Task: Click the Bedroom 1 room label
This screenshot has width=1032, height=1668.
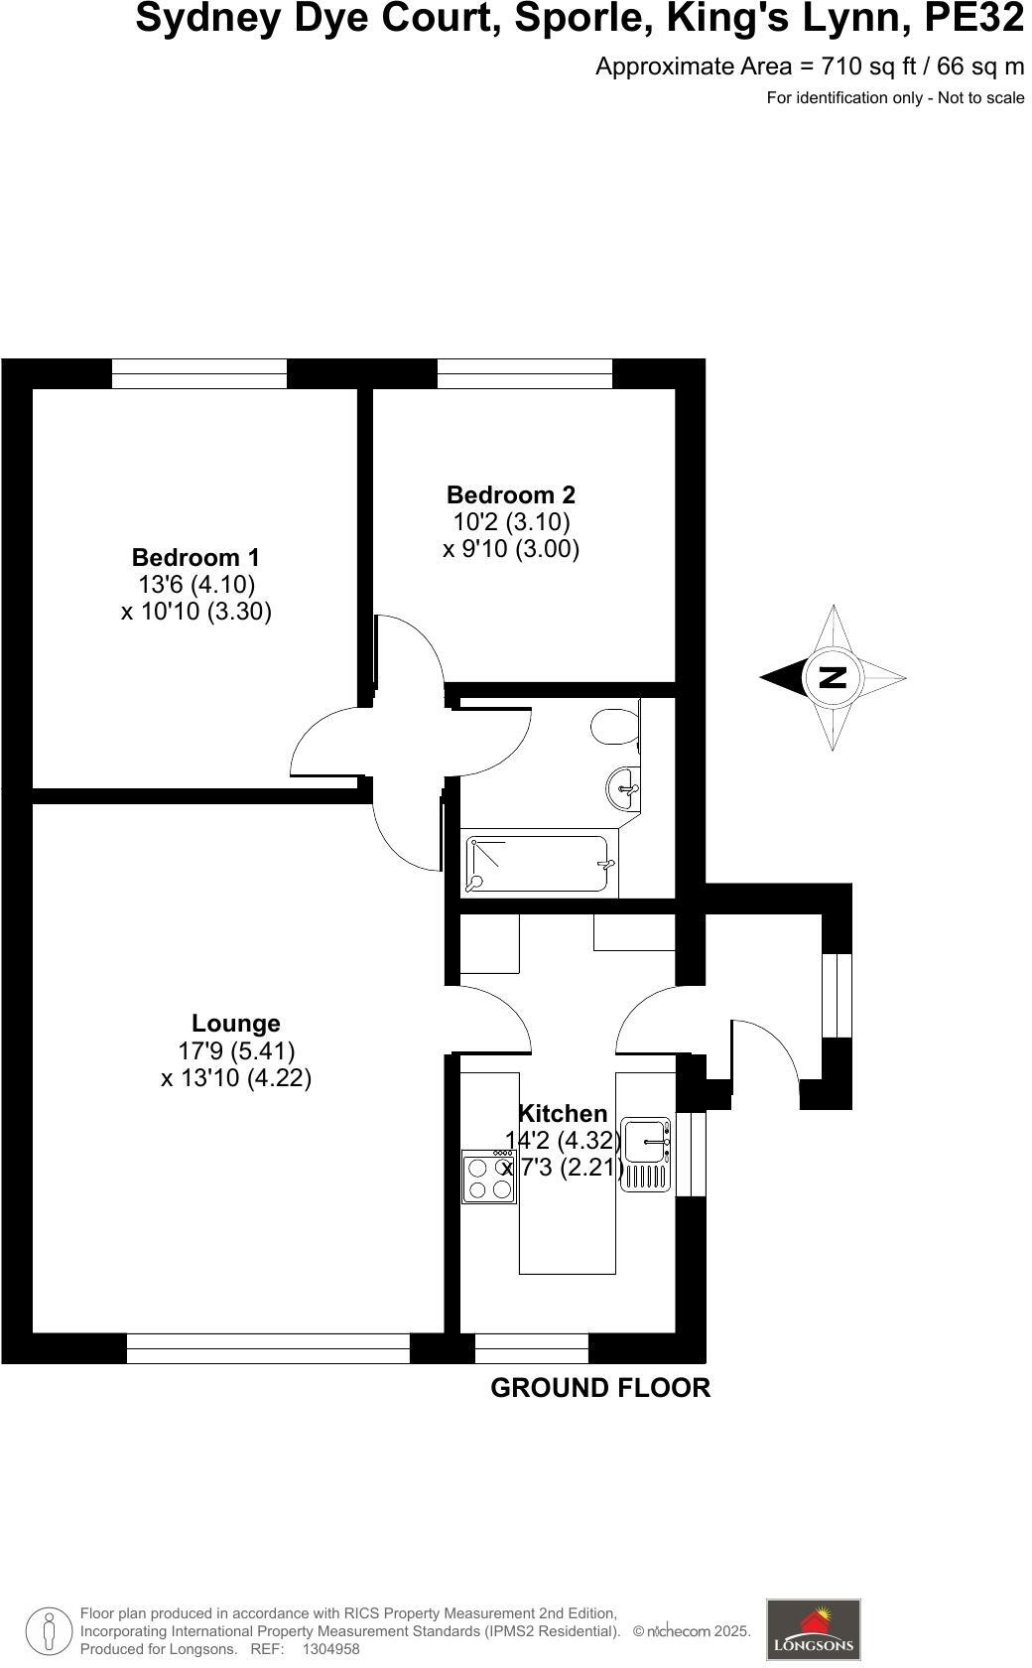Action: [x=195, y=557]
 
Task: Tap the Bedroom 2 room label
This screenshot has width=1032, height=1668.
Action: [x=510, y=494]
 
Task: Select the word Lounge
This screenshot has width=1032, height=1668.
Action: [x=235, y=1023]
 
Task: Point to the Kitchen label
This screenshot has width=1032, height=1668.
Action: [x=563, y=1113]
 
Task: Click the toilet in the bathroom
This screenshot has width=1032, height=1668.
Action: [x=614, y=728]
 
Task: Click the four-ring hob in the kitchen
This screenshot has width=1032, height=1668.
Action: [x=489, y=1178]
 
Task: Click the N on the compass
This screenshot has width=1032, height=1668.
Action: [x=833, y=677]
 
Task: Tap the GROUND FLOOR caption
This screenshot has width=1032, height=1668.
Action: [x=600, y=1388]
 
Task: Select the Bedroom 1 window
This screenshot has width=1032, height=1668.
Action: [x=198, y=373]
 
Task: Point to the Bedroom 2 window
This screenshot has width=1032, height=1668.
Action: [x=524, y=373]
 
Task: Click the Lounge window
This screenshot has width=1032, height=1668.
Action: [x=268, y=1348]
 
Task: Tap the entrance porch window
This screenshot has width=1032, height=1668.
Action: [x=837, y=996]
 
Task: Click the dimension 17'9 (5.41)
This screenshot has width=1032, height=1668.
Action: [x=236, y=1050]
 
